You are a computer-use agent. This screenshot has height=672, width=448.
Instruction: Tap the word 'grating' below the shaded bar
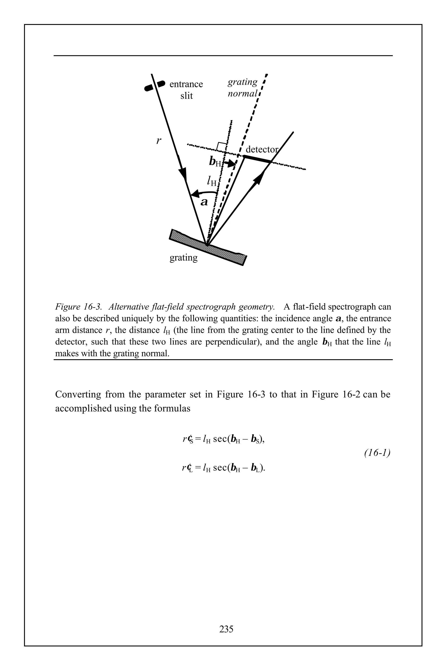[x=184, y=258]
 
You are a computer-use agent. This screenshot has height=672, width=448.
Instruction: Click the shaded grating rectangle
[x=208, y=247]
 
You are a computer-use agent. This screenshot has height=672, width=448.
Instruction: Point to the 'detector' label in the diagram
[x=261, y=149]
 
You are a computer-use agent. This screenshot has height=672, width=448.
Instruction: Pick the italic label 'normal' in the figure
[x=242, y=94]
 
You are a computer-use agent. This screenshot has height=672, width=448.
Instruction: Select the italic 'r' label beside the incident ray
[x=159, y=141]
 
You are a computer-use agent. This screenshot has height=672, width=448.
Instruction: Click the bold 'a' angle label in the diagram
[x=204, y=202]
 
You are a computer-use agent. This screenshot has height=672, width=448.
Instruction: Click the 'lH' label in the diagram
[x=212, y=181]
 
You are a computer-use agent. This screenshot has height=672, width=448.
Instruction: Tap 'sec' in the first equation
[x=220, y=439]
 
